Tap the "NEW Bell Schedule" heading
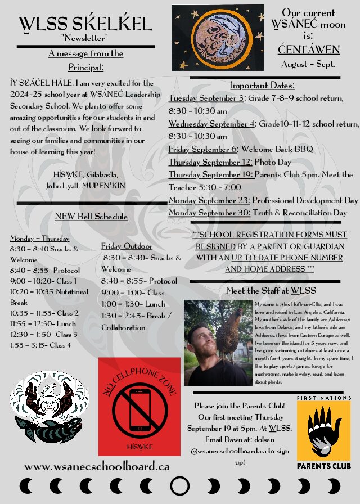(91, 217)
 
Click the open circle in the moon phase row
(179, 485)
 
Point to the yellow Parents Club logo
(323, 434)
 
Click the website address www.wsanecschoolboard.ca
(97, 466)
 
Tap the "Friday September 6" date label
(203, 150)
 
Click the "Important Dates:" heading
(263, 85)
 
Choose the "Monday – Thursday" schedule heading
(40, 238)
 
